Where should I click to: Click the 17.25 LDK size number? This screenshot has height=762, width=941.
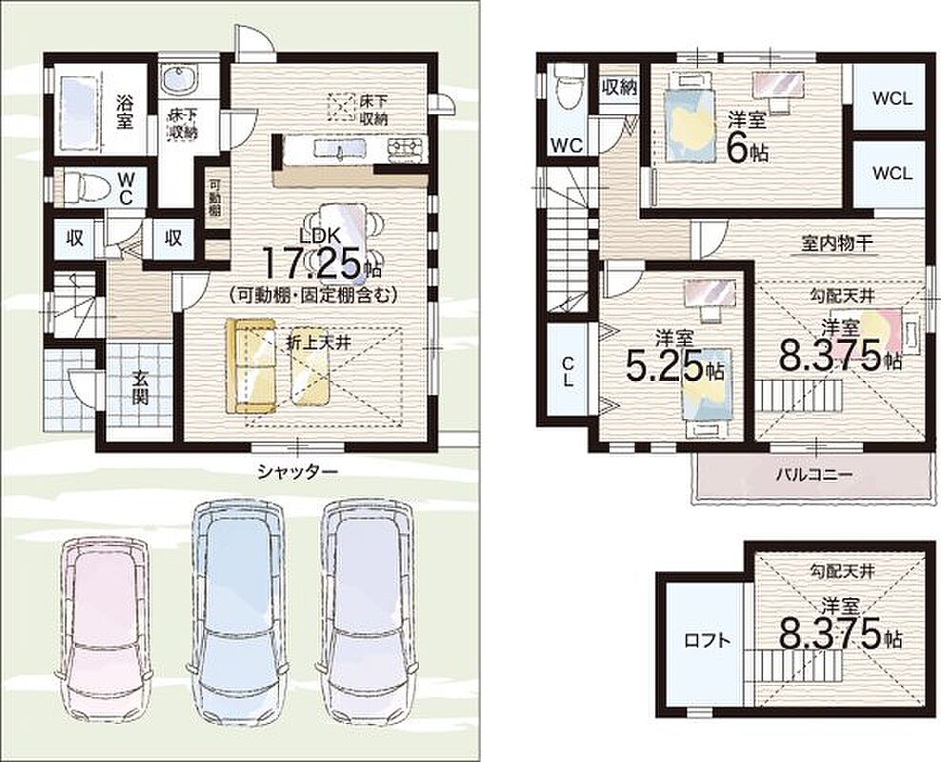click(x=312, y=264)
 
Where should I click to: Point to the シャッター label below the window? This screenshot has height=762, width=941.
click(x=298, y=471)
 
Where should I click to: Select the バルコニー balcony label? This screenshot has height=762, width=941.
click(x=813, y=475)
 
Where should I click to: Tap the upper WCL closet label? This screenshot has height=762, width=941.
click(x=892, y=98)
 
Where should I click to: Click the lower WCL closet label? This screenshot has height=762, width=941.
click(x=892, y=173)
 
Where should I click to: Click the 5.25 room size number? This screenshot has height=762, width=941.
click(x=665, y=366)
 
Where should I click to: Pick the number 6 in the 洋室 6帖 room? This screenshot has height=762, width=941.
click(x=736, y=150)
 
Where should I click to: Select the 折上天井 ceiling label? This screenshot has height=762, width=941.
click(x=318, y=342)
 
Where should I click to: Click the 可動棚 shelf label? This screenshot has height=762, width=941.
click(x=214, y=199)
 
